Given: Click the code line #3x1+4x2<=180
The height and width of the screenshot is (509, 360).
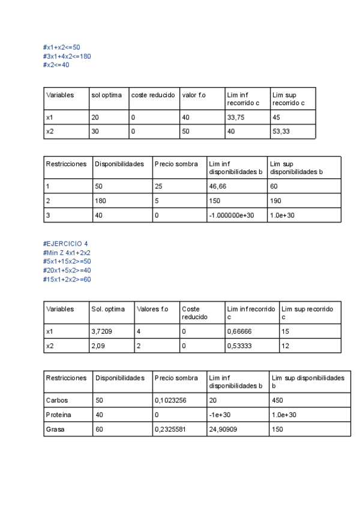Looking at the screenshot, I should pos(67,56).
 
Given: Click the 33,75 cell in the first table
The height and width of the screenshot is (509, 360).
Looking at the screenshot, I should pos(236,118).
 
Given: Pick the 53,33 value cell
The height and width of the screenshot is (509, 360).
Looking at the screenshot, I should pos(280,131).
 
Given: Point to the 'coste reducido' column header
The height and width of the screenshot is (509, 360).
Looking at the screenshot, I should pos(153,95).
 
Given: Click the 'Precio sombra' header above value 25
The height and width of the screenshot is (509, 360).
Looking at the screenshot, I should pos(176,164).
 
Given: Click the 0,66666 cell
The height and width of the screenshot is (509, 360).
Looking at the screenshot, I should pos(239,331).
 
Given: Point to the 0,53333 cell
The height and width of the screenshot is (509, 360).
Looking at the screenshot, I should pos(239,346).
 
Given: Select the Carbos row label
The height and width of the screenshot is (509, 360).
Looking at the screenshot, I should pos(55,399).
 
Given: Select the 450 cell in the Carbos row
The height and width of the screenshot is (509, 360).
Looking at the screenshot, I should pos(277,399).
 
